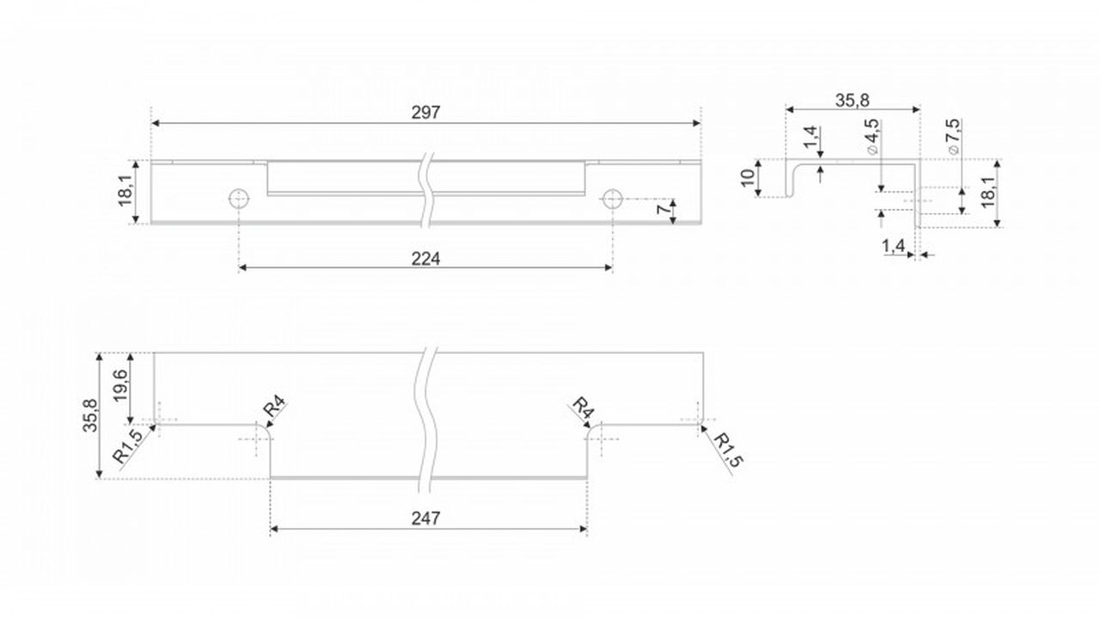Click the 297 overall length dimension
click(425, 113)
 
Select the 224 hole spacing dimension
click(425, 259)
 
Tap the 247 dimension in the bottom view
click(425, 518)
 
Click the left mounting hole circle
click(239, 199)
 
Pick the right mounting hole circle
click(613, 199)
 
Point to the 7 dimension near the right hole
click(663, 209)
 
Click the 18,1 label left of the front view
click(125, 192)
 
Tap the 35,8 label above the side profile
click(852, 101)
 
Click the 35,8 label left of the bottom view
click(90, 415)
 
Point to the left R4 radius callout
click(274, 408)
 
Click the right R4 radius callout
click(584, 408)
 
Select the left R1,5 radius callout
click(128, 445)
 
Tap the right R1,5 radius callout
click(728, 450)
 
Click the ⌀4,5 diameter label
click(872, 137)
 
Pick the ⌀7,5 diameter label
click(954, 137)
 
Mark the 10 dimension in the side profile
click(748, 177)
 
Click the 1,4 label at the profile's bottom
click(893, 246)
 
